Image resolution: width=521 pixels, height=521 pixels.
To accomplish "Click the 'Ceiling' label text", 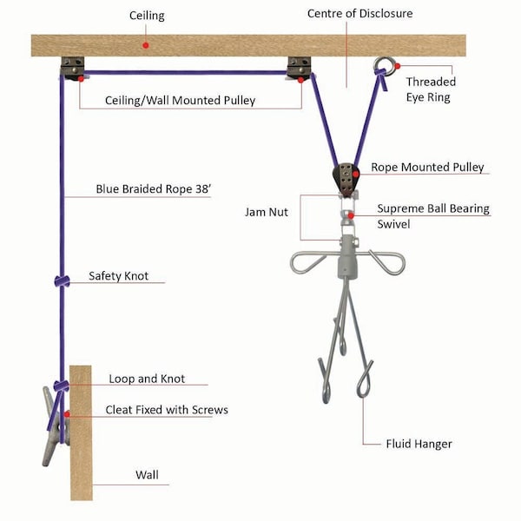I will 147,16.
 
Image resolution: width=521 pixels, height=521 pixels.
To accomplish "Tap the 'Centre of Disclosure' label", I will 360,14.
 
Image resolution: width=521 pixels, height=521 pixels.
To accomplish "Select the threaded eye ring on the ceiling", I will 384,65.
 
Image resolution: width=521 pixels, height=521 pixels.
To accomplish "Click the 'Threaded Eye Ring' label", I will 431,89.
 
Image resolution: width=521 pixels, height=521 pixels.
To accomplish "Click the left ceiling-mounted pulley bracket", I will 73,67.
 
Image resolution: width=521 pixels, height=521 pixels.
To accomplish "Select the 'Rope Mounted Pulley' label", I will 427,167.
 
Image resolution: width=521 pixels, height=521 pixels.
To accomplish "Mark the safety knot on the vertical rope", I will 62,280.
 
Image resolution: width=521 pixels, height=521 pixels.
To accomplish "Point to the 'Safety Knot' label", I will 119,276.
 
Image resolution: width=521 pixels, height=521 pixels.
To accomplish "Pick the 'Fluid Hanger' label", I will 419,444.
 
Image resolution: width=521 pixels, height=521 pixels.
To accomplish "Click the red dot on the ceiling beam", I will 147,43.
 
